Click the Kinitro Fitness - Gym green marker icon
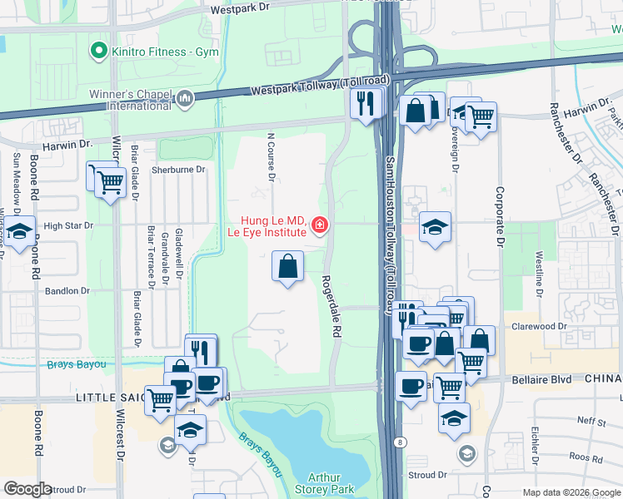100,52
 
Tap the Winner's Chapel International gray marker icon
185,100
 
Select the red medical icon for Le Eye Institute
318,225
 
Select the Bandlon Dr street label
67,291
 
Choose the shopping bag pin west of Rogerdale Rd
287,267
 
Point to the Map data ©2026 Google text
571,492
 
